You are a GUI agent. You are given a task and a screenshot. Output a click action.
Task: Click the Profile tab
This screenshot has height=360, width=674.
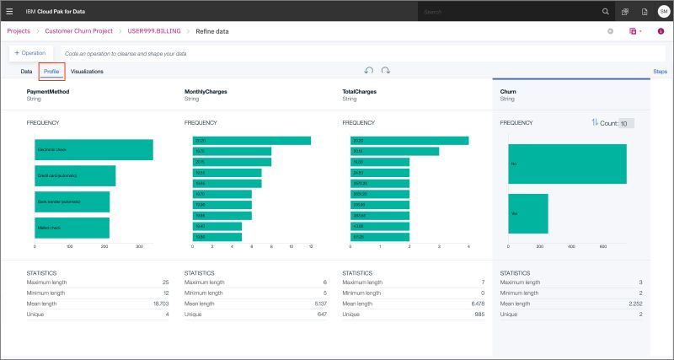(x=51, y=72)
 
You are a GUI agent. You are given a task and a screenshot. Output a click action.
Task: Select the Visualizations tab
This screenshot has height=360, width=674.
(x=87, y=72)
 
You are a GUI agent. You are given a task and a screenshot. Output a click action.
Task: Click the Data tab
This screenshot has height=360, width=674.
(x=26, y=72)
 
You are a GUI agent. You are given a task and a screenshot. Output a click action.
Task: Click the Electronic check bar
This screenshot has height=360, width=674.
(x=94, y=150)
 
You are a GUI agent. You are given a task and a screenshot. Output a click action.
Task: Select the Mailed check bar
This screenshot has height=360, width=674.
(x=72, y=228)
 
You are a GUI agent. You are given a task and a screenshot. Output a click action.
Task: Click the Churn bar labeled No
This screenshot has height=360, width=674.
(x=567, y=164)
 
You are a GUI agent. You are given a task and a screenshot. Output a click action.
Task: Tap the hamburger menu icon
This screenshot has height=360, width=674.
(x=10, y=11)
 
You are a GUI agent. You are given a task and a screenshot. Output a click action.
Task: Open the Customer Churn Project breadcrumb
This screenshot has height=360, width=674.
(x=80, y=31)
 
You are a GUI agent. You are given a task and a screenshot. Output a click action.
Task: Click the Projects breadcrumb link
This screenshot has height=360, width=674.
(x=19, y=31)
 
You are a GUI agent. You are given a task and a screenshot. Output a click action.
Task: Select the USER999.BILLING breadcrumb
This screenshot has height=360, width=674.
(x=155, y=31)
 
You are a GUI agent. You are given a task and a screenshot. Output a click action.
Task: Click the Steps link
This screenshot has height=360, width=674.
(x=661, y=72)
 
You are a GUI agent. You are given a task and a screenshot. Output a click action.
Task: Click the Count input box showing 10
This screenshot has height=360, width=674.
(x=626, y=123)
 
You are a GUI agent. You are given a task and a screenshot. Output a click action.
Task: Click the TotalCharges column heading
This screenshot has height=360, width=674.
(x=359, y=91)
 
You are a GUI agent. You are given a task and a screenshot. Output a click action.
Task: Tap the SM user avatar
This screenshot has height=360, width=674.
(x=663, y=12)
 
